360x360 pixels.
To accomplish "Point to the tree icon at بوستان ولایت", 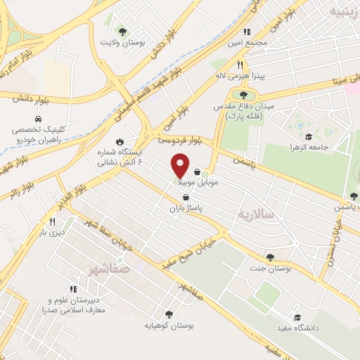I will (123, 32).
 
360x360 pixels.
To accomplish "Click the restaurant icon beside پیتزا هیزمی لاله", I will (240, 65).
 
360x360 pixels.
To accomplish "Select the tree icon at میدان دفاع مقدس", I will (243, 95).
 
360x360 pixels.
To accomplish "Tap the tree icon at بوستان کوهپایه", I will (168, 314).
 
